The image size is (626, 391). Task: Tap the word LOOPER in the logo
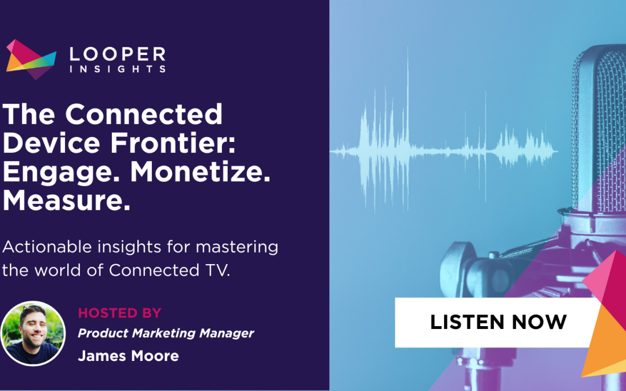[x=118, y=55]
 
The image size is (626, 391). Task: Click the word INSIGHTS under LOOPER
[x=118, y=70]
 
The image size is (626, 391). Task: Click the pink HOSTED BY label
[x=119, y=313]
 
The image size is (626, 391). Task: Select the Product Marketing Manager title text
[x=166, y=333]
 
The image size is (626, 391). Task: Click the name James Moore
[x=128, y=355]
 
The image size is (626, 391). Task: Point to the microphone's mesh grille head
[x=600, y=133]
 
